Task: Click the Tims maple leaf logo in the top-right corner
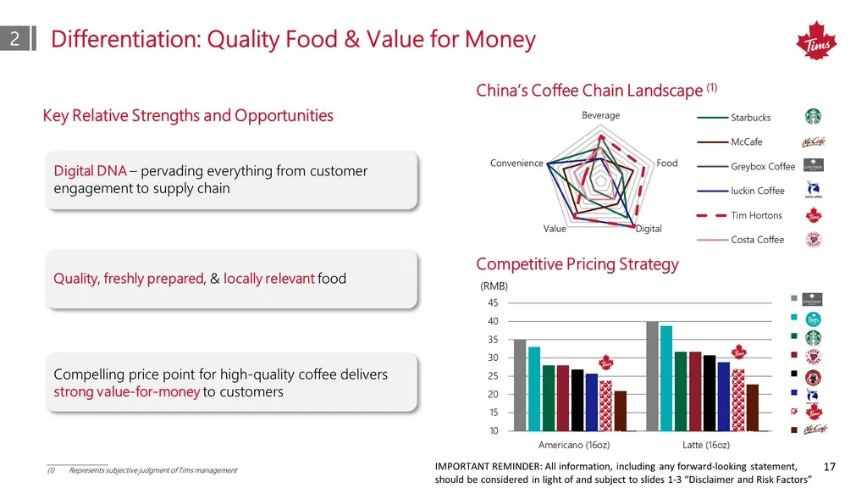[816, 41]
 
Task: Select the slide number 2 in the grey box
[15, 38]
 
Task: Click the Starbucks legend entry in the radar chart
[750, 117]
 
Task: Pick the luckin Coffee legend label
[758, 191]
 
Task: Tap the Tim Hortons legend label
[756, 215]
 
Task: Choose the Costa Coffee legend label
[758, 240]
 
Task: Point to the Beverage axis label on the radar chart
[600, 115]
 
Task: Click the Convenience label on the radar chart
[516, 163]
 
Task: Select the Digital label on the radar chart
[649, 229]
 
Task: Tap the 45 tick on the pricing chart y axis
[493, 302]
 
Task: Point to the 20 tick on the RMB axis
[493, 394]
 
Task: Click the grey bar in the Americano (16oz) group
[520, 385]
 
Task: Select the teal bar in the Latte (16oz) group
[666, 378]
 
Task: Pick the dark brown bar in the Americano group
[621, 411]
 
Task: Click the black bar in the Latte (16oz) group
[710, 393]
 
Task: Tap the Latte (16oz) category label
[705, 445]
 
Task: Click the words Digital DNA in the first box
[90, 170]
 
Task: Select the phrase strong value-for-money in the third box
[127, 391]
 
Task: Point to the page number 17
[830, 467]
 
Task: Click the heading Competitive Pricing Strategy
[577, 264]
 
